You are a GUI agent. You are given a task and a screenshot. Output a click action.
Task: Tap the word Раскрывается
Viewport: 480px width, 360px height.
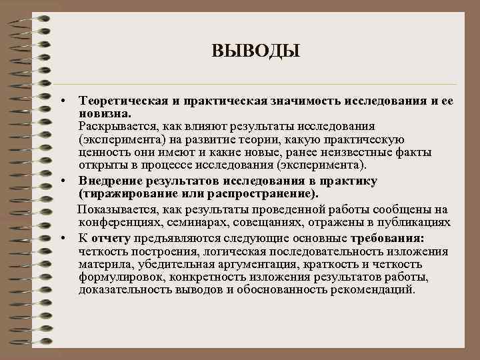(115, 125)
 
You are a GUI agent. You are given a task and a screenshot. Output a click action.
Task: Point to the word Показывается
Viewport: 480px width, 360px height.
(115, 209)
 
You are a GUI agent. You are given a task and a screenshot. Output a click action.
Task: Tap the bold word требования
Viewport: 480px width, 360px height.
(393, 238)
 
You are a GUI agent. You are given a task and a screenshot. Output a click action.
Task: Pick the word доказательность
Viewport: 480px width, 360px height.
(123, 290)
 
